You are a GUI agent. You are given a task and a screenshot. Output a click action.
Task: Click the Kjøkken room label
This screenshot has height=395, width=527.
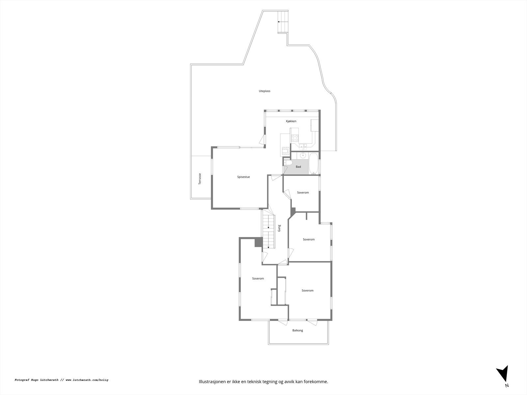[291, 121]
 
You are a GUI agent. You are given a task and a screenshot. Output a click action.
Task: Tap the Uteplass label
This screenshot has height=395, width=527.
[264, 91]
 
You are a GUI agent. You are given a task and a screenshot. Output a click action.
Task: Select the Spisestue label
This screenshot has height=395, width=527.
[243, 177]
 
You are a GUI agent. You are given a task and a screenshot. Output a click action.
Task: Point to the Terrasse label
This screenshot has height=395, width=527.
[200, 179]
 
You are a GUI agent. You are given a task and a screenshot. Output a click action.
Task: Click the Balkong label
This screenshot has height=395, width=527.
[297, 330]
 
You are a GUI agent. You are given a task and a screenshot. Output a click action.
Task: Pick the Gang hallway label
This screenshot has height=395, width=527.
[279, 228]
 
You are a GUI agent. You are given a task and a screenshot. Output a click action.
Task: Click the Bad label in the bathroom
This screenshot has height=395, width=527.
[298, 167]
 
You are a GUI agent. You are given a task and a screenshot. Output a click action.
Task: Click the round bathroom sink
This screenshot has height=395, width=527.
[303, 155]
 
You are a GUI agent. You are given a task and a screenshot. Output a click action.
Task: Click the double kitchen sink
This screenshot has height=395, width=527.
[303, 146]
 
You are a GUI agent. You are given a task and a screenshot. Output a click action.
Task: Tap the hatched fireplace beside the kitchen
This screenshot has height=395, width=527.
[286, 152]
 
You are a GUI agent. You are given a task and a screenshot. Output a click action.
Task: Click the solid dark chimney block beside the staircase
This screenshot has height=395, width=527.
[258, 242]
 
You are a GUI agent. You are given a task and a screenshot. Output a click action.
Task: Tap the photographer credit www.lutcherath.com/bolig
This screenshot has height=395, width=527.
[87, 380]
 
